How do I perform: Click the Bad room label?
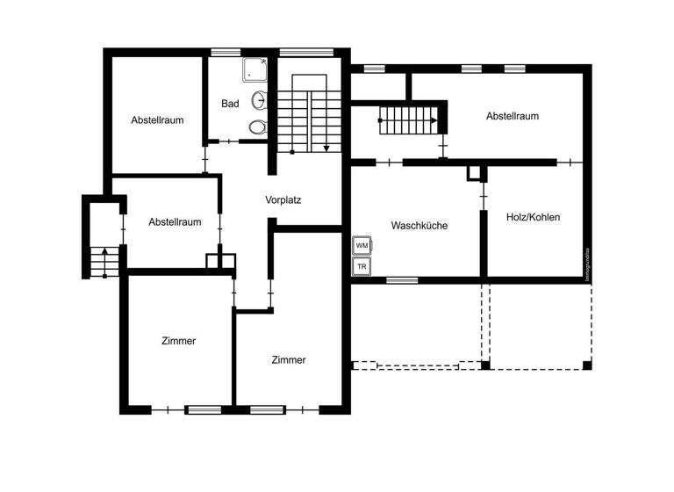click(230, 104)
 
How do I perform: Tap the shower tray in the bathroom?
click(255, 69)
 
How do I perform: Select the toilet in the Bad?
click(256, 127)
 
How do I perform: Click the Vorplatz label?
click(283, 200)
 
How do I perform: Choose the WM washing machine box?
click(362, 245)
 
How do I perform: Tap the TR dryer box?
click(362, 266)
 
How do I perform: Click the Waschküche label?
click(419, 226)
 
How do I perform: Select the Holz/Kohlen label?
click(533, 217)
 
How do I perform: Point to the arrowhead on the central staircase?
click(326, 148)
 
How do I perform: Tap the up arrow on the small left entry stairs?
click(104, 253)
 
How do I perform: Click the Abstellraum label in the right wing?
click(512, 116)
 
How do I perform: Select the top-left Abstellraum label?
click(157, 120)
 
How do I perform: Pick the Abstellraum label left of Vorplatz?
click(175, 222)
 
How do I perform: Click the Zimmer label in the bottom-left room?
click(178, 341)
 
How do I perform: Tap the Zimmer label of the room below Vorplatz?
click(289, 360)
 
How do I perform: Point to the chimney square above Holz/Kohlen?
click(475, 172)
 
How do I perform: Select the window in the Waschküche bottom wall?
click(402, 280)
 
